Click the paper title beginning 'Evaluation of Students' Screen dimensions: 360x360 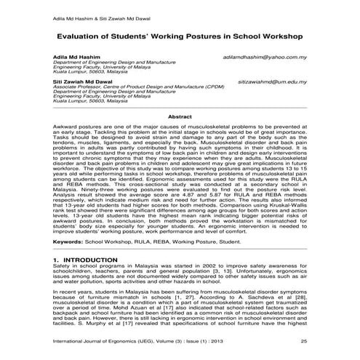click(x=180, y=33)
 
